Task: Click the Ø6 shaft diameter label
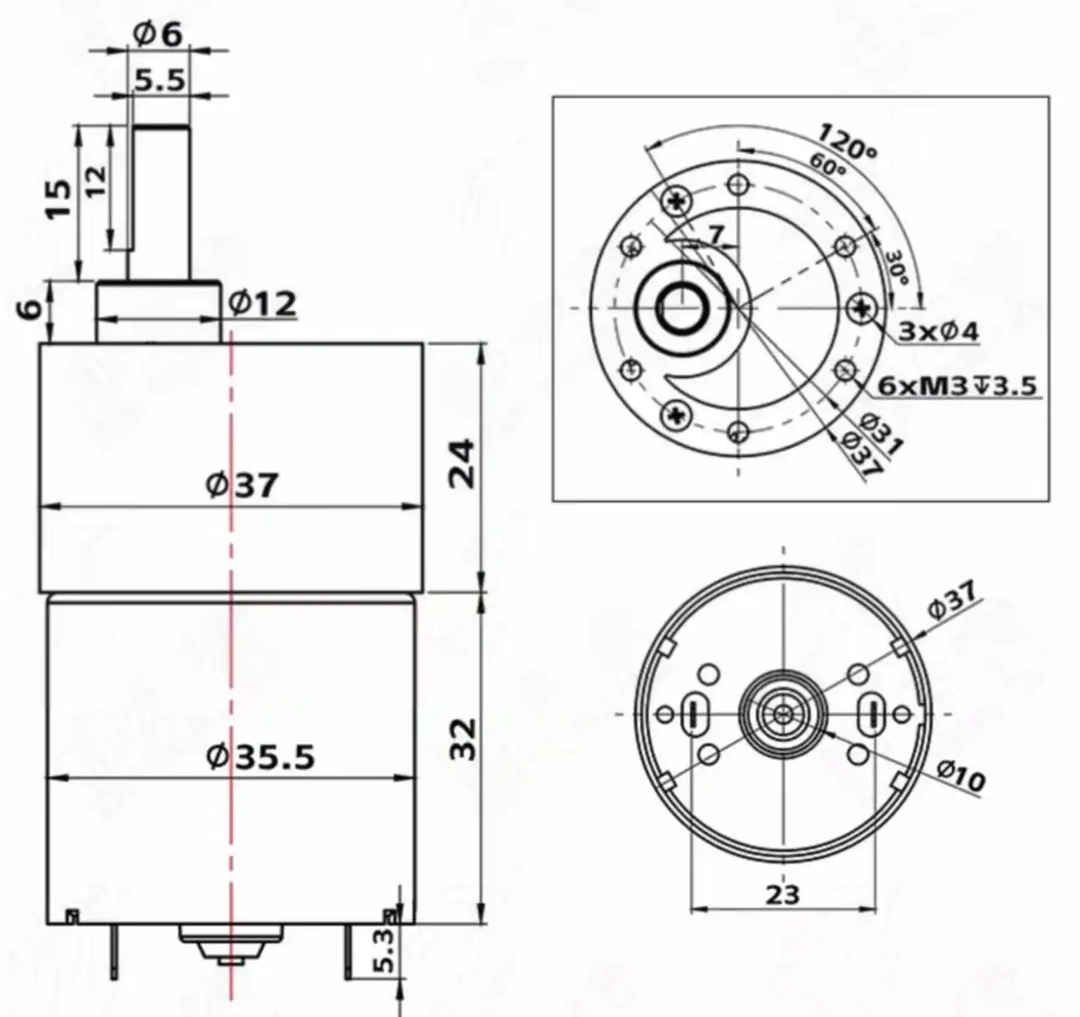[x=157, y=34]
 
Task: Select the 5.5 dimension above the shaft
[x=160, y=80]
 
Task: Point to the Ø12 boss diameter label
[x=262, y=303]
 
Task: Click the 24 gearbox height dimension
[x=461, y=462]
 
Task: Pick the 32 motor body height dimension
[x=461, y=738]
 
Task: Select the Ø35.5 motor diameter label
[x=261, y=757]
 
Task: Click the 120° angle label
[x=847, y=142]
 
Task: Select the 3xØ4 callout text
[x=938, y=332]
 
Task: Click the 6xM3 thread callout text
[x=958, y=385]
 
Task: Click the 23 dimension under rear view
[x=782, y=894]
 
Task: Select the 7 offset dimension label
[x=716, y=235]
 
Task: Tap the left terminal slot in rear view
[x=694, y=714]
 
